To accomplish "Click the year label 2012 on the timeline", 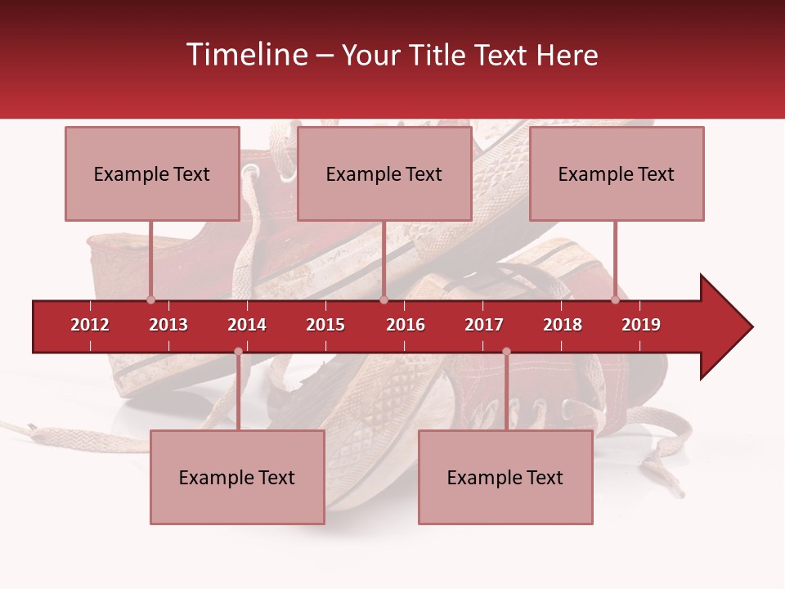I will point(90,325).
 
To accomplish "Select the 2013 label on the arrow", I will point(168,325).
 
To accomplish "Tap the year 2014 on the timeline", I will point(247,325).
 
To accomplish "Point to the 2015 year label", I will point(325,325).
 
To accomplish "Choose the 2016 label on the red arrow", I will point(406,325).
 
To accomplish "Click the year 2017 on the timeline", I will point(484,325).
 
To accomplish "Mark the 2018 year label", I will point(563,325).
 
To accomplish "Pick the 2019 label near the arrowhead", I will point(641,325).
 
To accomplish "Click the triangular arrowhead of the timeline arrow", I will point(724,327).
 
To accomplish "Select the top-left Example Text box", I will point(152,173).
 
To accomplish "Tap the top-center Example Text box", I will point(384,173).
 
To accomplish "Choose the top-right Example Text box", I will point(617,173).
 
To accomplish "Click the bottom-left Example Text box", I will point(237,477).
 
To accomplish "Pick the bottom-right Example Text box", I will point(505,477).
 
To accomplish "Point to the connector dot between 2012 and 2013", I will point(150,300).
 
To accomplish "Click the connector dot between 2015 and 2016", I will point(384,300).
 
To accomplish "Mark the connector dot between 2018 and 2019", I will point(616,300).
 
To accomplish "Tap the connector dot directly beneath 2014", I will point(238,352).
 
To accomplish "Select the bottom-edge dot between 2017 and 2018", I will point(506,352).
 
